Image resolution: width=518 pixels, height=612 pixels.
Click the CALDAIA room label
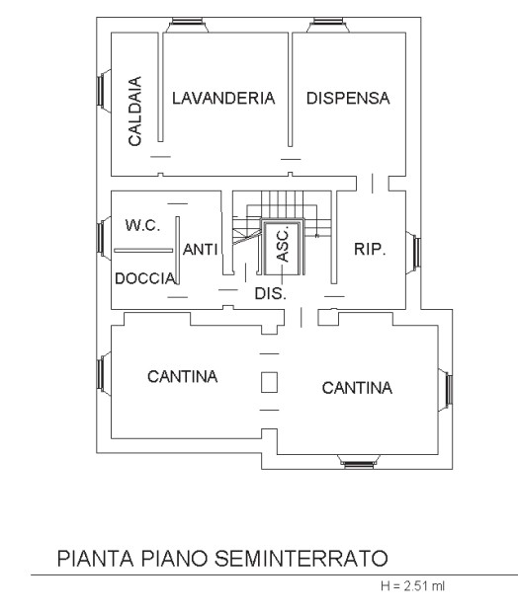click(x=134, y=112)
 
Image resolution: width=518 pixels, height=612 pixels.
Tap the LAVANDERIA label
click(x=223, y=98)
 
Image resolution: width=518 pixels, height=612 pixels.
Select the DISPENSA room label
click(x=348, y=98)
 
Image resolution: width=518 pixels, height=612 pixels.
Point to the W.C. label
click(x=142, y=225)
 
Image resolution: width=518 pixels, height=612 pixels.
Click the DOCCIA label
click(x=145, y=278)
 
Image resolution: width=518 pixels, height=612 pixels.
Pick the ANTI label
click(x=200, y=250)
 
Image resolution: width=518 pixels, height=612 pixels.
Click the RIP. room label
click(x=370, y=249)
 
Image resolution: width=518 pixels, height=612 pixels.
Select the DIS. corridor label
click(x=271, y=293)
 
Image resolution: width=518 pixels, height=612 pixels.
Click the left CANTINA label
click(x=183, y=377)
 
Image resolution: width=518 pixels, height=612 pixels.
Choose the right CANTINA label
click(x=357, y=388)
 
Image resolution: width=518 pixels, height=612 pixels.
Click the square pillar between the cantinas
click(x=269, y=382)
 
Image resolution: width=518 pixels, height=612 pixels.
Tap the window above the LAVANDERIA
click(x=187, y=25)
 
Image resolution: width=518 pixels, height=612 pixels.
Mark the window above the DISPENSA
click(x=328, y=25)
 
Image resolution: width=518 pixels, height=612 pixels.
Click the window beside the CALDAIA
click(x=104, y=91)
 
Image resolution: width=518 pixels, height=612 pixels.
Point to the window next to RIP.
click(x=413, y=253)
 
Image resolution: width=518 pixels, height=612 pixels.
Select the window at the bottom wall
click(x=358, y=461)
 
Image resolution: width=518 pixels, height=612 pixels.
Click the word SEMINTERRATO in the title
click(x=302, y=558)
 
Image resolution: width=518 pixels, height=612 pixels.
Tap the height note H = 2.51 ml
click(x=413, y=586)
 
